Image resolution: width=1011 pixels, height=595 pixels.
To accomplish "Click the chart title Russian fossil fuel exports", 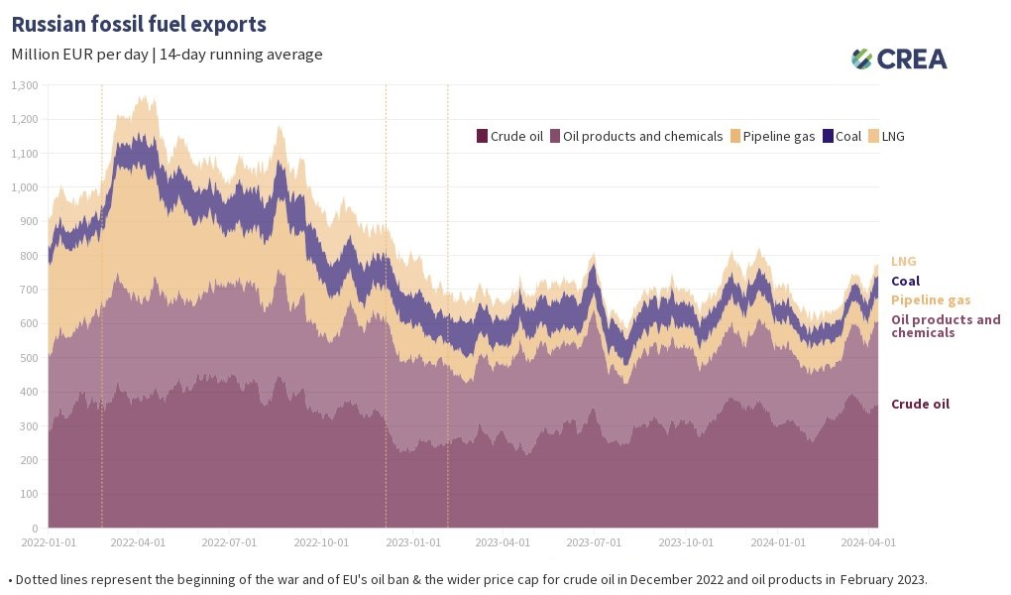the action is (139, 24).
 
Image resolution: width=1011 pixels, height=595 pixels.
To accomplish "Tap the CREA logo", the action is (899, 59).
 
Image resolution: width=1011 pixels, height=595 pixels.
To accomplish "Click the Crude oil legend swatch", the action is (482, 136).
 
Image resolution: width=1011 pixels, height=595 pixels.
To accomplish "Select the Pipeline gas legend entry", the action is (772, 136).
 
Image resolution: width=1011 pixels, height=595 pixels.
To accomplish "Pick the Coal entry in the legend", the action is (842, 136).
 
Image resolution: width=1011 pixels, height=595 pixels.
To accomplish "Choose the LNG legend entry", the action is (886, 136).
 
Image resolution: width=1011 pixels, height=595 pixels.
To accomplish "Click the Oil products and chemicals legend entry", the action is (636, 136).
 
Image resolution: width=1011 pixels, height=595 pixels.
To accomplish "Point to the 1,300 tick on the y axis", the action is (25, 85).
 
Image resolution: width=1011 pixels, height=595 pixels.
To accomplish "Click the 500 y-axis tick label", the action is (30, 358).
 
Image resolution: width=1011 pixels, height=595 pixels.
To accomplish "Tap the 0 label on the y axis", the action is (35, 528).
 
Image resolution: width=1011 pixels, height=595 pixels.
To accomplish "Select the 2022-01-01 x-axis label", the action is (49, 542).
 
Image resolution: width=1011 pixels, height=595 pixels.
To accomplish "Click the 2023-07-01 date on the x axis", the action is (594, 542).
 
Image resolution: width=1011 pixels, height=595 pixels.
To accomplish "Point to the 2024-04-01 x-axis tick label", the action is (868, 542).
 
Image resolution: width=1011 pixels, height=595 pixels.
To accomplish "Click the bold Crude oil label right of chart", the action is (920, 404).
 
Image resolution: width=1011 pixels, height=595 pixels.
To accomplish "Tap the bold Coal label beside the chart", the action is (905, 281).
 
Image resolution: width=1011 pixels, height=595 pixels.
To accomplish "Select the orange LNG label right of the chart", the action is (903, 262).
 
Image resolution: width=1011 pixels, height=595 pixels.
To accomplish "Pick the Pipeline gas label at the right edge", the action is (931, 300).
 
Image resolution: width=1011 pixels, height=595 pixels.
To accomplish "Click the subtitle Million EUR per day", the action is (80, 55).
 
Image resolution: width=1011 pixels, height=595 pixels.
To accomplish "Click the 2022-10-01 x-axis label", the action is (321, 542).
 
